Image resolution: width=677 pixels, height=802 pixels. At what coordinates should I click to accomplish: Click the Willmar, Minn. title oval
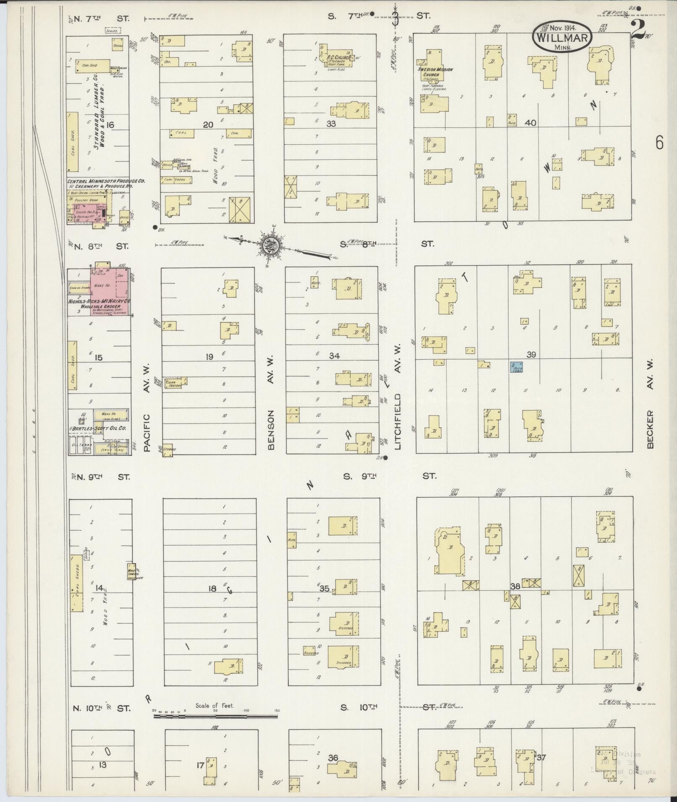click(562, 37)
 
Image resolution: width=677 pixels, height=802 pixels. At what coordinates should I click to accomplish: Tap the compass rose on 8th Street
click(268, 246)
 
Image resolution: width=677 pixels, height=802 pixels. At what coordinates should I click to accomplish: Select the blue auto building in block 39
click(516, 367)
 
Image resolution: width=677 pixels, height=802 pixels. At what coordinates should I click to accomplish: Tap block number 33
click(332, 124)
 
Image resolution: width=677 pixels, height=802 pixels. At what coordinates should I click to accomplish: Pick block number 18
click(212, 589)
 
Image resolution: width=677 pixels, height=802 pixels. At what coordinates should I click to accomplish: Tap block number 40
click(531, 123)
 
